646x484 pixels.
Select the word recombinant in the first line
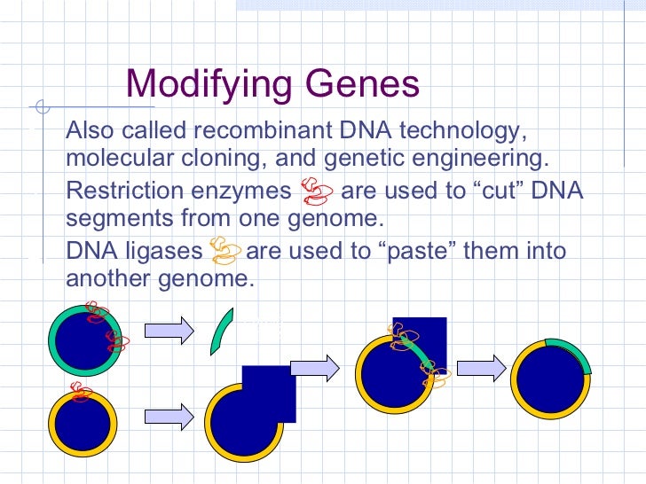[x=263, y=132]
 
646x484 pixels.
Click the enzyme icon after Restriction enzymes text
[x=316, y=190]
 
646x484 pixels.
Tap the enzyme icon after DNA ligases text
[x=225, y=250]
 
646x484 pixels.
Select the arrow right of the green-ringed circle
[x=169, y=331]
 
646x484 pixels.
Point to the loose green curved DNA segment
[x=221, y=332]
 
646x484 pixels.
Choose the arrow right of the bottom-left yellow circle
[x=169, y=414]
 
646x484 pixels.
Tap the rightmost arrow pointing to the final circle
[x=481, y=365]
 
